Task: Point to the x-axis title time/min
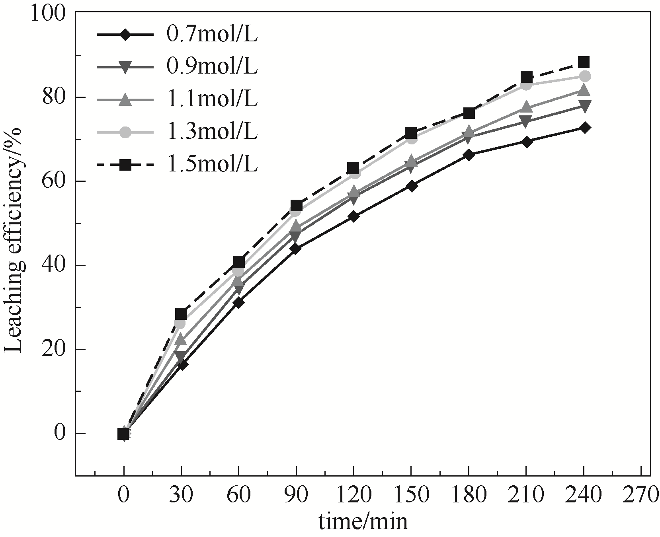tap(363, 521)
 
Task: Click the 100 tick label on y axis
tap(47, 13)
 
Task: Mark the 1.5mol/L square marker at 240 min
tap(584, 62)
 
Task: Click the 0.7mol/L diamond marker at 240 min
tap(584, 128)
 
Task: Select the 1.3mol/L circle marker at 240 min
tap(584, 76)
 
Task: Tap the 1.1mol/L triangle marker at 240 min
tap(584, 90)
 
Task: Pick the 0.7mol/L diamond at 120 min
tap(353, 216)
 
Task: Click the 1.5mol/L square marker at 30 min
tap(181, 314)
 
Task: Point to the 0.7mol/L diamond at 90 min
tap(296, 249)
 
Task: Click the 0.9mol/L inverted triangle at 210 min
tap(526, 121)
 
